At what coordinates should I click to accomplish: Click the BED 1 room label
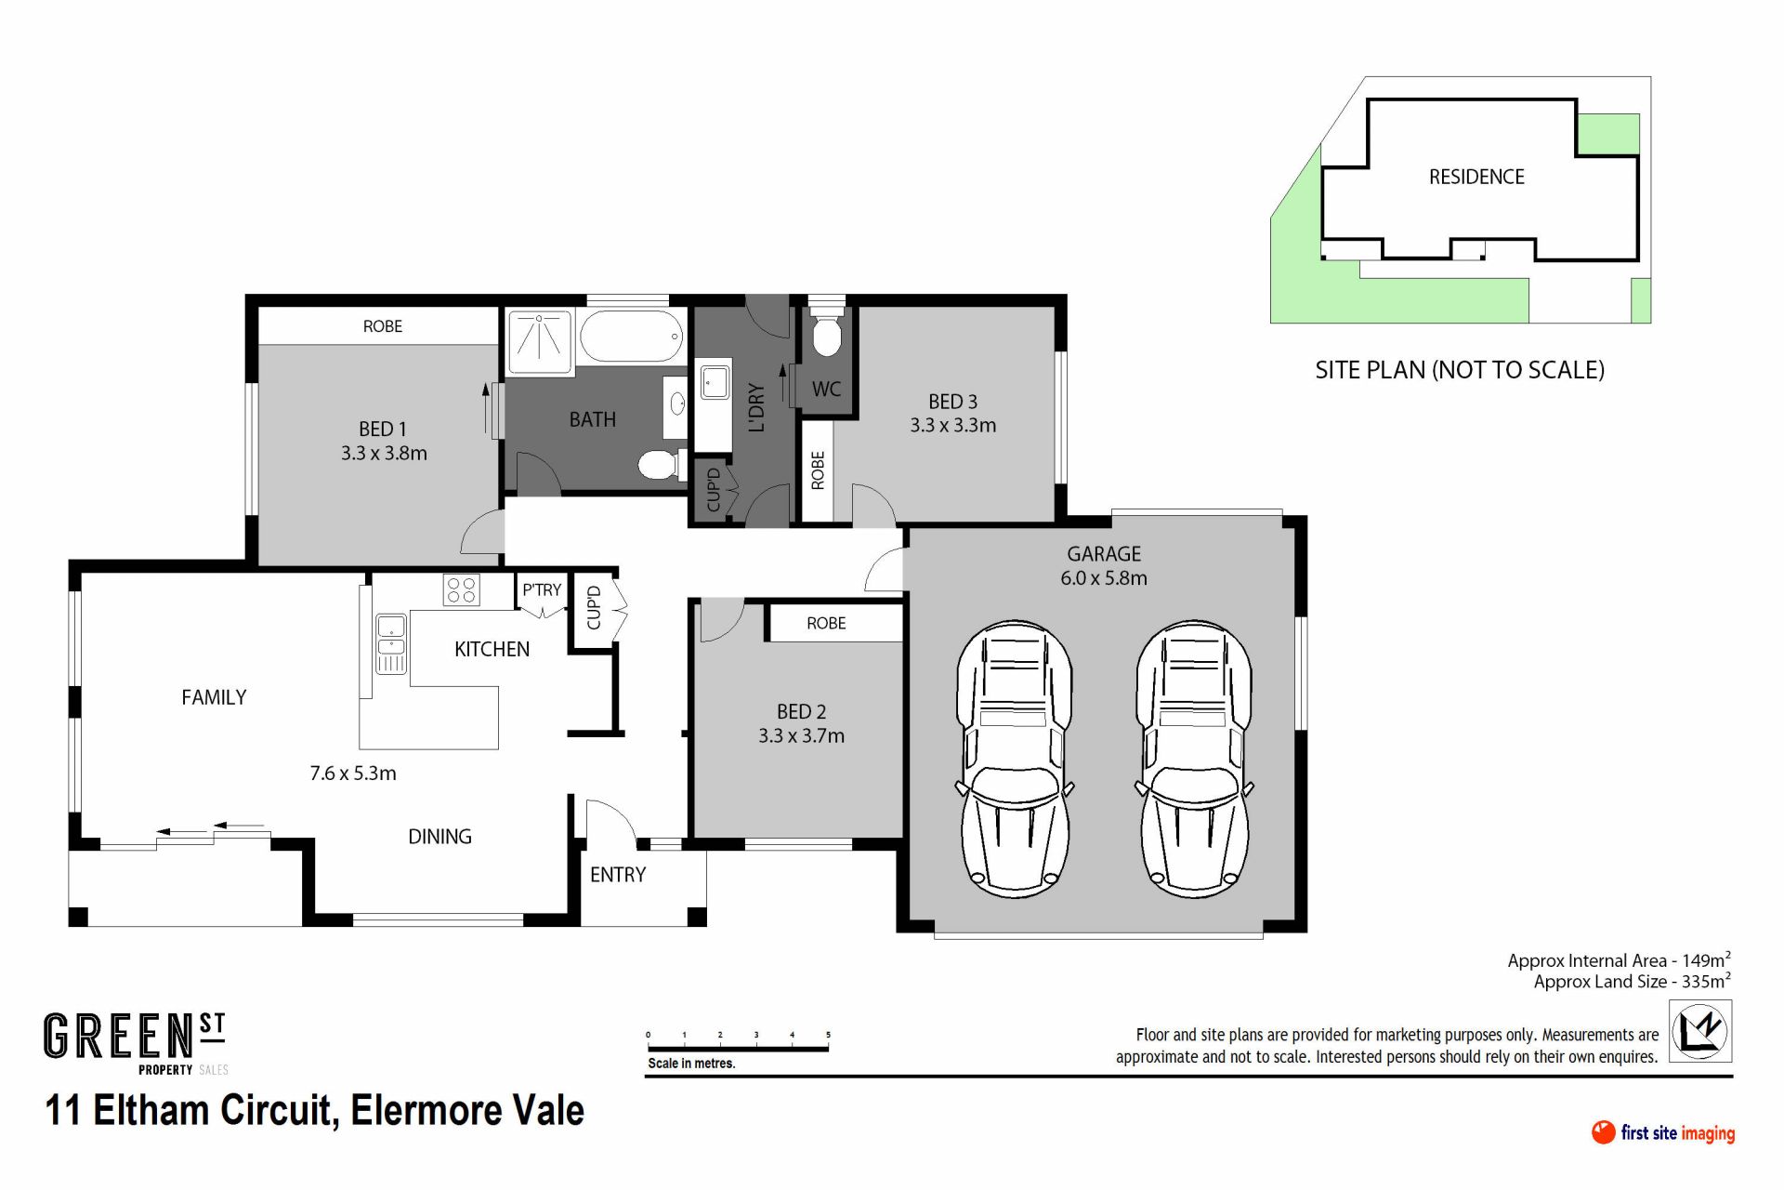383,430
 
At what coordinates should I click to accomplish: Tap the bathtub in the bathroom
633,337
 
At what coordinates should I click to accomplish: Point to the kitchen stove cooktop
462,589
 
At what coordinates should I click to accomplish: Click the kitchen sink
391,643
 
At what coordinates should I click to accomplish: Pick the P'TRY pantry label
542,590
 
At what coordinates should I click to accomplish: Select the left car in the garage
1014,759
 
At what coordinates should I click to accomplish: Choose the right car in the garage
1193,759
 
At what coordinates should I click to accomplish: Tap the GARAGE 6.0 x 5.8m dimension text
1104,578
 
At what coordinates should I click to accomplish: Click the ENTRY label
618,875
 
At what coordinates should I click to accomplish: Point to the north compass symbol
1700,1031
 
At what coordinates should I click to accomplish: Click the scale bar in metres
738,1049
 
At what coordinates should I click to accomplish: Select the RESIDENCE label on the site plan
1476,177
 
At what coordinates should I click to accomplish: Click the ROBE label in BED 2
826,623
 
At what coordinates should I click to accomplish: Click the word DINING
440,837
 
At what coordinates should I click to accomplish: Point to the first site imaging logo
1663,1132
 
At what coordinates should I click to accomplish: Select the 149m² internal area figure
1706,959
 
